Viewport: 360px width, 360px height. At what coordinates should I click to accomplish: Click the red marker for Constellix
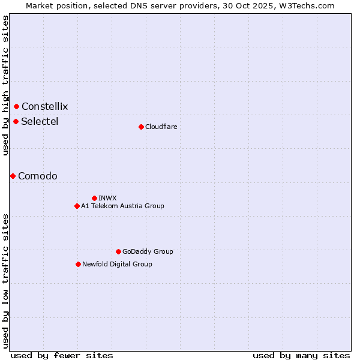(16, 106)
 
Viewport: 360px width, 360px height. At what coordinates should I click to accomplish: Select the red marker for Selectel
(16, 121)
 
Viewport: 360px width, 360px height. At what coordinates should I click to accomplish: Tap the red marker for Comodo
(13, 176)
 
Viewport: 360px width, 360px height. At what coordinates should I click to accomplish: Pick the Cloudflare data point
(141, 127)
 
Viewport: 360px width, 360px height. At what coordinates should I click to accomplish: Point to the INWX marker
(94, 198)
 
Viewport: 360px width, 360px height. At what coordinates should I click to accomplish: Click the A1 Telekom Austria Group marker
(77, 206)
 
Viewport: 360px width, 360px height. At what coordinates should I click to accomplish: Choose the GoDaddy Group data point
(118, 251)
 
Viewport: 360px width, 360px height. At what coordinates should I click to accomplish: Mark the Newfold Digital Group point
(78, 264)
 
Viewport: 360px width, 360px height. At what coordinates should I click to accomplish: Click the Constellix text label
(44, 107)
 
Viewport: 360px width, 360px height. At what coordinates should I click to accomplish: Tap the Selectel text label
(40, 122)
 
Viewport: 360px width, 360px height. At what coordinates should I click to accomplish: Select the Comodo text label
(38, 176)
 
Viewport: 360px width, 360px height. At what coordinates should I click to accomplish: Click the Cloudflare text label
(161, 127)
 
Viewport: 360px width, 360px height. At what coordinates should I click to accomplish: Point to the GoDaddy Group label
(148, 251)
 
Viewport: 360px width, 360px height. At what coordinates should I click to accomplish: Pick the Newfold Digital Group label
(117, 264)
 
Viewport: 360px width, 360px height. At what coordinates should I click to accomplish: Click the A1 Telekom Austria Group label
(122, 206)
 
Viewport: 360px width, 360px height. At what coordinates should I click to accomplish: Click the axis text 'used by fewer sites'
(62, 355)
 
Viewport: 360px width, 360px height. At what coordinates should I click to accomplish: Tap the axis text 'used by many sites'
(301, 355)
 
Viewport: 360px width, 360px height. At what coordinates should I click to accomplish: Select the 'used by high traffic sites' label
(5, 85)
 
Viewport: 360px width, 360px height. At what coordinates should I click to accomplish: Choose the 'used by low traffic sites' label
(5, 280)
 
